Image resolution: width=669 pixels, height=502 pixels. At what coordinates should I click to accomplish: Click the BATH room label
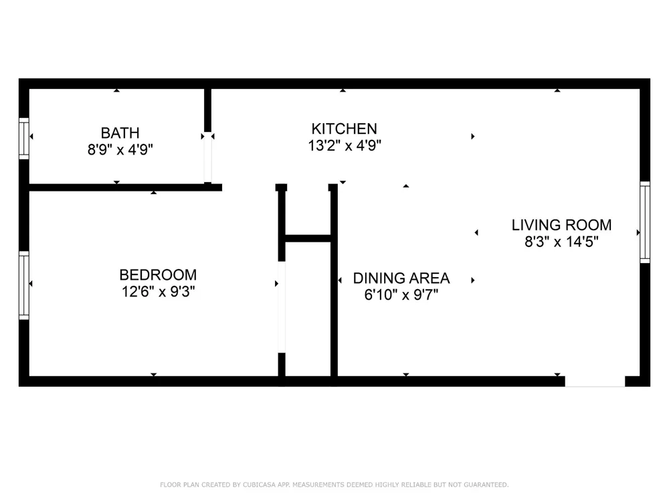coord(120,133)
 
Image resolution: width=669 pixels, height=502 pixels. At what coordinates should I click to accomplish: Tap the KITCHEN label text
coord(344,129)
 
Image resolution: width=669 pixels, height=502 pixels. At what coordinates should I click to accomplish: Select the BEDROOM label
coord(158,274)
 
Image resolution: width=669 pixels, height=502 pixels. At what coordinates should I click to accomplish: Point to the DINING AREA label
coord(401,278)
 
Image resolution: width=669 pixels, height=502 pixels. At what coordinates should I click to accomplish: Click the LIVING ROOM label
coord(561,225)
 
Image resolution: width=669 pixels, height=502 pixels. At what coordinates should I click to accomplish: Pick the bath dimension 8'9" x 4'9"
coord(120,150)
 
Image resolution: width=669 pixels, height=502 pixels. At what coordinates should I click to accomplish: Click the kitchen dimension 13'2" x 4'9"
coord(345,145)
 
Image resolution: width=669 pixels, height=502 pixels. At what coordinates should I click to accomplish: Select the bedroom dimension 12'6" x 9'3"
coord(159,292)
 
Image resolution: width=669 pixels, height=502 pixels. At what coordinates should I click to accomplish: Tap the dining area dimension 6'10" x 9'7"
coord(401,295)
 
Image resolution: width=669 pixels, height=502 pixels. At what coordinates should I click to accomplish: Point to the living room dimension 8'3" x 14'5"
coord(561,242)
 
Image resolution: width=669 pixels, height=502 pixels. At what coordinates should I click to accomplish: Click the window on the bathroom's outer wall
coord(24,139)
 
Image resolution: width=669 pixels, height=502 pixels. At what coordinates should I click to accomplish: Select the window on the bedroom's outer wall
coord(24,285)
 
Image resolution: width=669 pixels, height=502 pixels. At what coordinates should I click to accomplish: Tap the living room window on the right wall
coord(645,222)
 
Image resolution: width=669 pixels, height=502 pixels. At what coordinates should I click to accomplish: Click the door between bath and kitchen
coord(207,157)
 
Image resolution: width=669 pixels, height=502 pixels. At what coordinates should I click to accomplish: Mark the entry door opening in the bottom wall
coord(595,382)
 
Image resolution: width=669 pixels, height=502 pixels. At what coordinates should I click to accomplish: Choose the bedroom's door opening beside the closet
coord(282,307)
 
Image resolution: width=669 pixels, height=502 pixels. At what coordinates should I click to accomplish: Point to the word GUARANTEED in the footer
coord(486,485)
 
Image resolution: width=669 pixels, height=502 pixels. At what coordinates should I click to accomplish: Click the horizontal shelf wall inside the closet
coord(308,238)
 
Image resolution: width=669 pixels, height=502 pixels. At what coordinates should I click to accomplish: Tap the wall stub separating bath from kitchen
coord(207,110)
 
